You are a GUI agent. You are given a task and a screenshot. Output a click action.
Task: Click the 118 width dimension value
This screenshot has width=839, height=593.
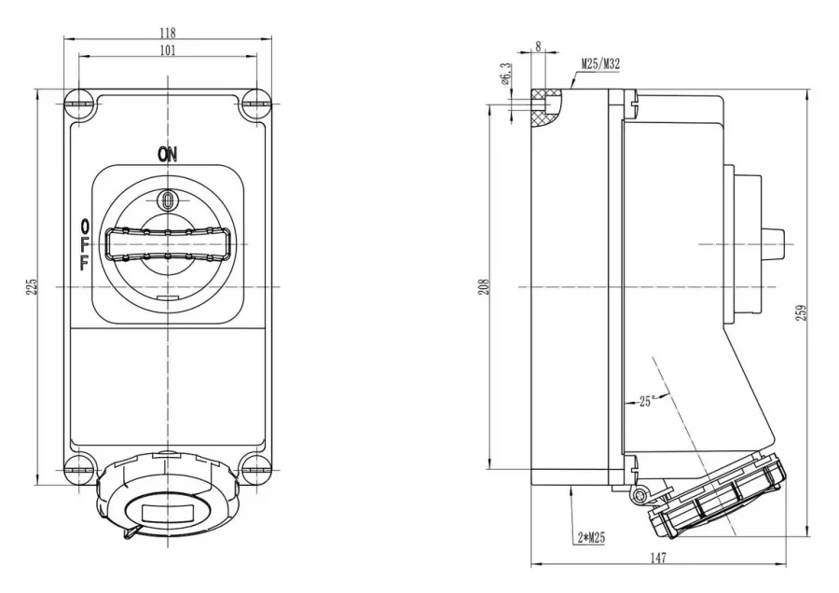click(x=168, y=33)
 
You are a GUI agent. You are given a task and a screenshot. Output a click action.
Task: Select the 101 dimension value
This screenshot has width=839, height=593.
click(x=168, y=50)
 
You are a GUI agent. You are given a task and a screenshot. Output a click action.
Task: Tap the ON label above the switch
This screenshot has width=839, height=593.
click(x=167, y=155)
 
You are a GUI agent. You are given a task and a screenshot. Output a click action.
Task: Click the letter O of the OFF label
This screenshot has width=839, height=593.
click(x=85, y=224)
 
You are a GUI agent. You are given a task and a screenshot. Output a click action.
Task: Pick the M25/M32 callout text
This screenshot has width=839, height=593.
click(x=601, y=64)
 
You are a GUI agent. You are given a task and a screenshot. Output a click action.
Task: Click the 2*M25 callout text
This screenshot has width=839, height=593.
click(x=591, y=538)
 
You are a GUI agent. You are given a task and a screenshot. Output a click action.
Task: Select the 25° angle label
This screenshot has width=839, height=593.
click(x=647, y=401)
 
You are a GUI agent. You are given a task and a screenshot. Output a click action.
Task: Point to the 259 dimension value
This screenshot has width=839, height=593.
click(x=802, y=312)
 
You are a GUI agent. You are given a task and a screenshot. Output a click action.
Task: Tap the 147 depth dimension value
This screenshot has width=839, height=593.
click(x=658, y=558)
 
